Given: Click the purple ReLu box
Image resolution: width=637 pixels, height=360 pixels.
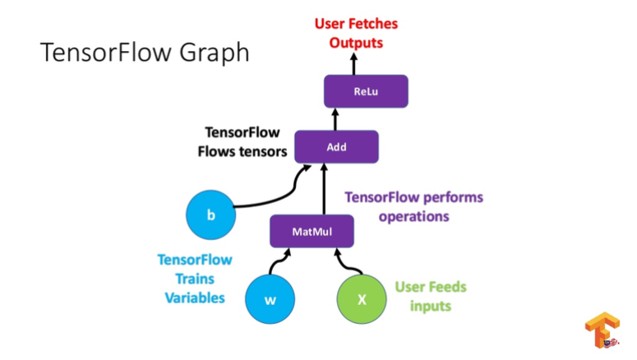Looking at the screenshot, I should tap(366, 91).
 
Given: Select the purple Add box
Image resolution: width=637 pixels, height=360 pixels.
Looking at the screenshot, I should tap(336, 147).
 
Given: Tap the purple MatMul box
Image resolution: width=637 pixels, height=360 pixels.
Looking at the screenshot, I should tap(312, 231).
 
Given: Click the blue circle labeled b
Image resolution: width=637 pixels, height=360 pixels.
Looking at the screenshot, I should tap(210, 216).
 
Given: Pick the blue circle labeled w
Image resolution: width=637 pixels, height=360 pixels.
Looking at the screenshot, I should tap(270, 299).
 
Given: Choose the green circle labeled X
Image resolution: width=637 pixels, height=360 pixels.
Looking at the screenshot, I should tap(361, 299).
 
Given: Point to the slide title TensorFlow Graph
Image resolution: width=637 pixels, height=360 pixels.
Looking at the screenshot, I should tap(145, 53).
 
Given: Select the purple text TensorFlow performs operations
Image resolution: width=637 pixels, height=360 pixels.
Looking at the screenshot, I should tap(413, 206).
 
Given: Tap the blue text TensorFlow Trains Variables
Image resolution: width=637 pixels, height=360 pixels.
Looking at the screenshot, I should tap(195, 279).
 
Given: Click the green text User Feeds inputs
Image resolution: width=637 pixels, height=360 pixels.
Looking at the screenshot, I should tap(430, 296).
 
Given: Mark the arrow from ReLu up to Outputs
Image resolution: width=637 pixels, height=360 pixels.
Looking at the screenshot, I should tap(355, 64).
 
